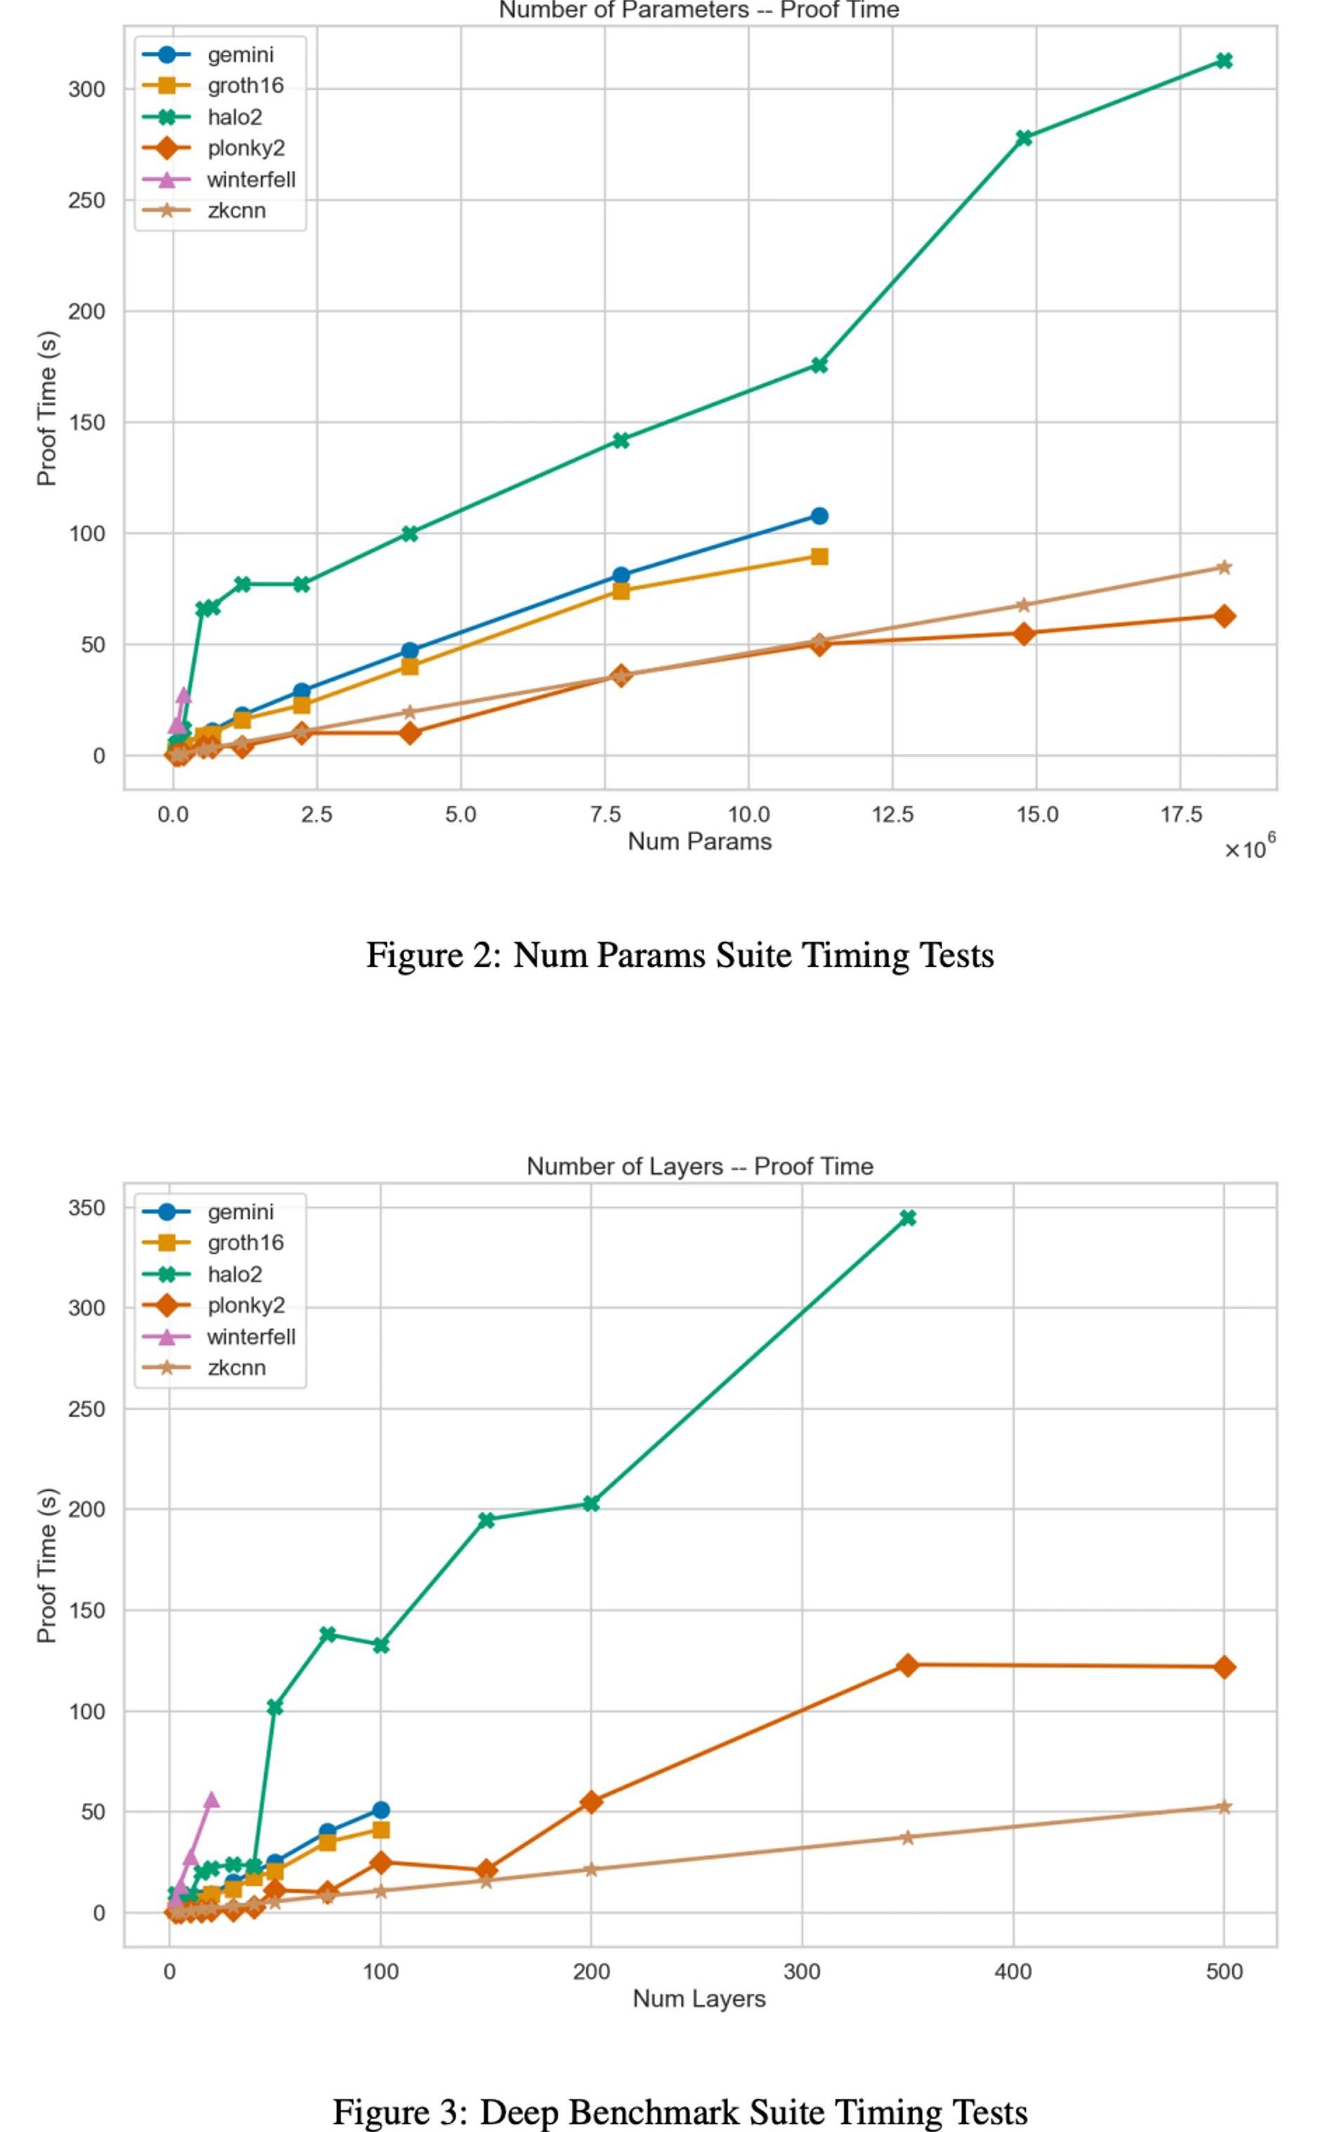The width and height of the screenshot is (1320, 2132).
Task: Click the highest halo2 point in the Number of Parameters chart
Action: pyautogui.click(x=1224, y=60)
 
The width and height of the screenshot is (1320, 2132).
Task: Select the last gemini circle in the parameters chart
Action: pyautogui.click(x=819, y=516)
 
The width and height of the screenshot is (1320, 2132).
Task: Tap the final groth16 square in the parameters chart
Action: pyautogui.click(x=819, y=556)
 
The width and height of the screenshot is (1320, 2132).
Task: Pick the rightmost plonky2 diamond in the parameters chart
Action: pyautogui.click(x=1224, y=616)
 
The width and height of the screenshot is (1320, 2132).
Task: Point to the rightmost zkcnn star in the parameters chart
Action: pyautogui.click(x=1224, y=567)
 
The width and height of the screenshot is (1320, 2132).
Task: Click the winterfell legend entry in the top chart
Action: pyautogui.click(x=251, y=180)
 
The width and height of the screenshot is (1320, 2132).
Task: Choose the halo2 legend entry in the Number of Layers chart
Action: pyautogui.click(x=234, y=1274)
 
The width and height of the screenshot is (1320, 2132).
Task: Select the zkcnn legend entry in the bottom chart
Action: pyautogui.click(x=236, y=1368)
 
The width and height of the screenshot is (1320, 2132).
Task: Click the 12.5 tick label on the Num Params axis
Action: pyautogui.click(x=892, y=815)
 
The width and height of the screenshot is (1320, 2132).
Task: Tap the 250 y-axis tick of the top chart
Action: pyautogui.click(x=86, y=200)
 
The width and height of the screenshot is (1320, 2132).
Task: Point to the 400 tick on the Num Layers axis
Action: pyautogui.click(x=1012, y=1971)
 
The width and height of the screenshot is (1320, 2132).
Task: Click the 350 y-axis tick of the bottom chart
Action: pyautogui.click(x=86, y=1208)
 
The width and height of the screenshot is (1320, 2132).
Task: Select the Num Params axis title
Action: pyautogui.click(x=699, y=841)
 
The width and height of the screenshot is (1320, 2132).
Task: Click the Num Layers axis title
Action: pyautogui.click(x=699, y=1999)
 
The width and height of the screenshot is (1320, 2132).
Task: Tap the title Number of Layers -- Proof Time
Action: pyautogui.click(x=699, y=1167)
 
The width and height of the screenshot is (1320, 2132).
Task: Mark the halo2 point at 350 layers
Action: pyautogui.click(x=908, y=1217)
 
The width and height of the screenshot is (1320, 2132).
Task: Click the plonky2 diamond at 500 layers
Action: pyautogui.click(x=1224, y=1668)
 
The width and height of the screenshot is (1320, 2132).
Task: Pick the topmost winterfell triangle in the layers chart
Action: pyautogui.click(x=211, y=1799)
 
